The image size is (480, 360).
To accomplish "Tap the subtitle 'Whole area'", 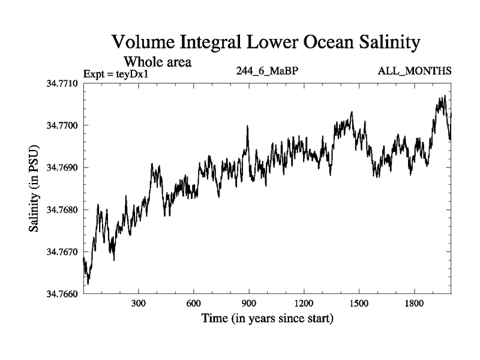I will pos(157,61).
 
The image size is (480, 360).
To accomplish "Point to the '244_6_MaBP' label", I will pos(268,71).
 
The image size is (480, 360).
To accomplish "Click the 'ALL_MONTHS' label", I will pos(415,71).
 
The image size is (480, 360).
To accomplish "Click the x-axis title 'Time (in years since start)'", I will pos(267,317).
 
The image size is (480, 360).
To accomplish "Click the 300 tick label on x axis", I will pos(139,304).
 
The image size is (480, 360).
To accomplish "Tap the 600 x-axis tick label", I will pos(194,304).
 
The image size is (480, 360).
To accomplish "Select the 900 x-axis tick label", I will pos(249,304).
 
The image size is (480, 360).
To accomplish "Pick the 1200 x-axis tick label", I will pos(304,304).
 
